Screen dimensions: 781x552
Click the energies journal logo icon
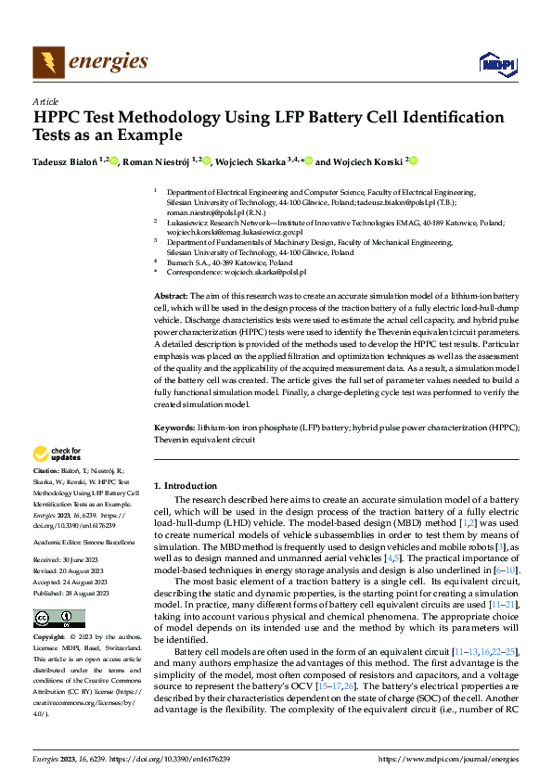click(47, 62)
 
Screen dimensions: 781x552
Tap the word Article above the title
click(45, 101)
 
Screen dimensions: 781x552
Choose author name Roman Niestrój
click(157, 161)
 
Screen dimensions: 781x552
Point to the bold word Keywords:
click(173, 427)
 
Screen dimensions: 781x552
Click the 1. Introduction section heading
click(185, 485)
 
